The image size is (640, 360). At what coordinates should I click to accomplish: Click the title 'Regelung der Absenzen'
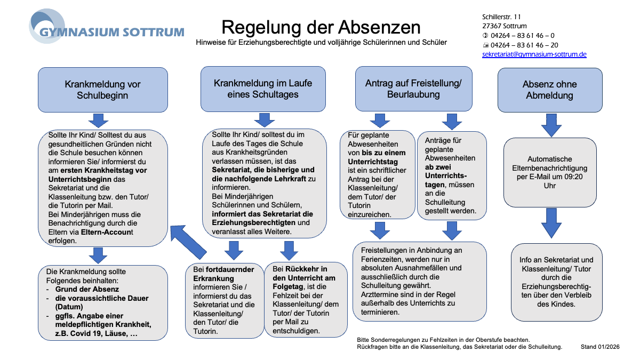(321, 27)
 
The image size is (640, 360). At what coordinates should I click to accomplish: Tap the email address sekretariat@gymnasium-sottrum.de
(534, 54)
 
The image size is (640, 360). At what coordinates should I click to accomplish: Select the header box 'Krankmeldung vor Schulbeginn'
(103, 90)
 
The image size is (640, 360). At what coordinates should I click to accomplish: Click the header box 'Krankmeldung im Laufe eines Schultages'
(263, 89)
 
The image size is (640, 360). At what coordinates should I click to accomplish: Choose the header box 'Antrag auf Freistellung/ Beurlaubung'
(413, 89)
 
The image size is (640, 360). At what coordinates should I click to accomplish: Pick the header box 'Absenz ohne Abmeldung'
(549, 90)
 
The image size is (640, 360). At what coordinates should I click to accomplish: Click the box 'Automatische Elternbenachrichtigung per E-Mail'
(549, 172)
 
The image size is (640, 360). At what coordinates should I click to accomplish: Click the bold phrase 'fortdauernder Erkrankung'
(223, 274)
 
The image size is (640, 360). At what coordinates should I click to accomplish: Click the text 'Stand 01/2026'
(600, 347)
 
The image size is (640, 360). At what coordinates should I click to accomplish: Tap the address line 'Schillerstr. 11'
(502, 17)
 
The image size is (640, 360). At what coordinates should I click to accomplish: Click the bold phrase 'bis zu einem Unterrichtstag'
(377, 157)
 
